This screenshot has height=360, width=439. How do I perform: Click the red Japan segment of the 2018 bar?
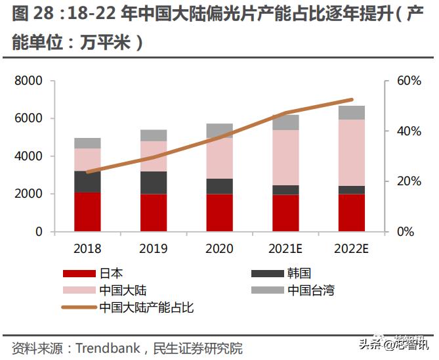(87, 212)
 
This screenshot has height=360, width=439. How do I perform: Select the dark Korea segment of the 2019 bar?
(154, 182)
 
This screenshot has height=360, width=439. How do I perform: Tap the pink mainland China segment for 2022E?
(352, 152)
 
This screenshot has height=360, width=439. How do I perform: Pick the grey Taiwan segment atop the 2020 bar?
(220, 130)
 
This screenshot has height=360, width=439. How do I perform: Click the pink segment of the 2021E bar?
(285, 158)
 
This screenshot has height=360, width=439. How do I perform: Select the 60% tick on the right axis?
(409, 81)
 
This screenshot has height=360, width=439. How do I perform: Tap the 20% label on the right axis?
(409, 181)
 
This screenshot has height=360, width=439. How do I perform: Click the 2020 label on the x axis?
(220, 249)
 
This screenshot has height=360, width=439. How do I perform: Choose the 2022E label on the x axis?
(352, 249)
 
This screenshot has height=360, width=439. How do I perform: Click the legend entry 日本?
(111, 273)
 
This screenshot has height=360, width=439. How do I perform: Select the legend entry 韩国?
(299, 273)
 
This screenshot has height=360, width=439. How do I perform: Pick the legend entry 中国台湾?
(311, 290)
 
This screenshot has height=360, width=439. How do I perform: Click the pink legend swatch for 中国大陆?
(79, 290)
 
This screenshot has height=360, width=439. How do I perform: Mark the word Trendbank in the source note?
(108, 348)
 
